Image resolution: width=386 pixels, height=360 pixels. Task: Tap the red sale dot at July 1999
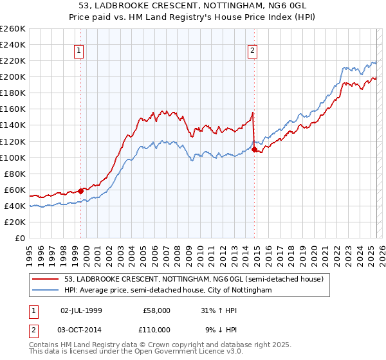pos(81,191)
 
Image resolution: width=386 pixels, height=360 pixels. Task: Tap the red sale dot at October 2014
pos(255,149)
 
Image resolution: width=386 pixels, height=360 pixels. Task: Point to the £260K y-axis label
pos(13,29)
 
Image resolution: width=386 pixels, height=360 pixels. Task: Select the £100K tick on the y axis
pos(13,157)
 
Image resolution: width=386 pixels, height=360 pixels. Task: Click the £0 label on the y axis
pos(20,238)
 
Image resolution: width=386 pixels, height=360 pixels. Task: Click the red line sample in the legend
pos(46,279)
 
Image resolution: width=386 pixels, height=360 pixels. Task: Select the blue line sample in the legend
pos(46,290)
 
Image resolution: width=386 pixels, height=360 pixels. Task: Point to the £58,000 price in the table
pos(156,310)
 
